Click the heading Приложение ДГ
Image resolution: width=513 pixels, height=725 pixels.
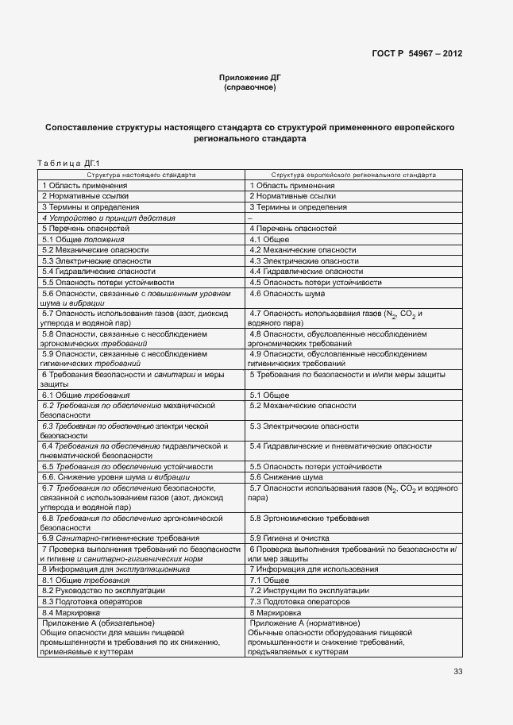(x=250, y=77)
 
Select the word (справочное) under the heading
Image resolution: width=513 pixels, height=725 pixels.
(x=250, y=87)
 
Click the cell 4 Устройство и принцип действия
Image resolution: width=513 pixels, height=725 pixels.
(x=109, y=217)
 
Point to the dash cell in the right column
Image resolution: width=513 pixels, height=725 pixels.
(x=250, y=217)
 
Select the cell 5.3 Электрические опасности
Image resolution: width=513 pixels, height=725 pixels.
(x=96, y=260)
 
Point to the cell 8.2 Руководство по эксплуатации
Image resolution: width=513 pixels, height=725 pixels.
(x=104, y=591)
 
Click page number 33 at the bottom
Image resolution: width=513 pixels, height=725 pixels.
(x=457, y=672)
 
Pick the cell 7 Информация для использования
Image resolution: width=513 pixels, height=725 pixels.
(x=314, y=569)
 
